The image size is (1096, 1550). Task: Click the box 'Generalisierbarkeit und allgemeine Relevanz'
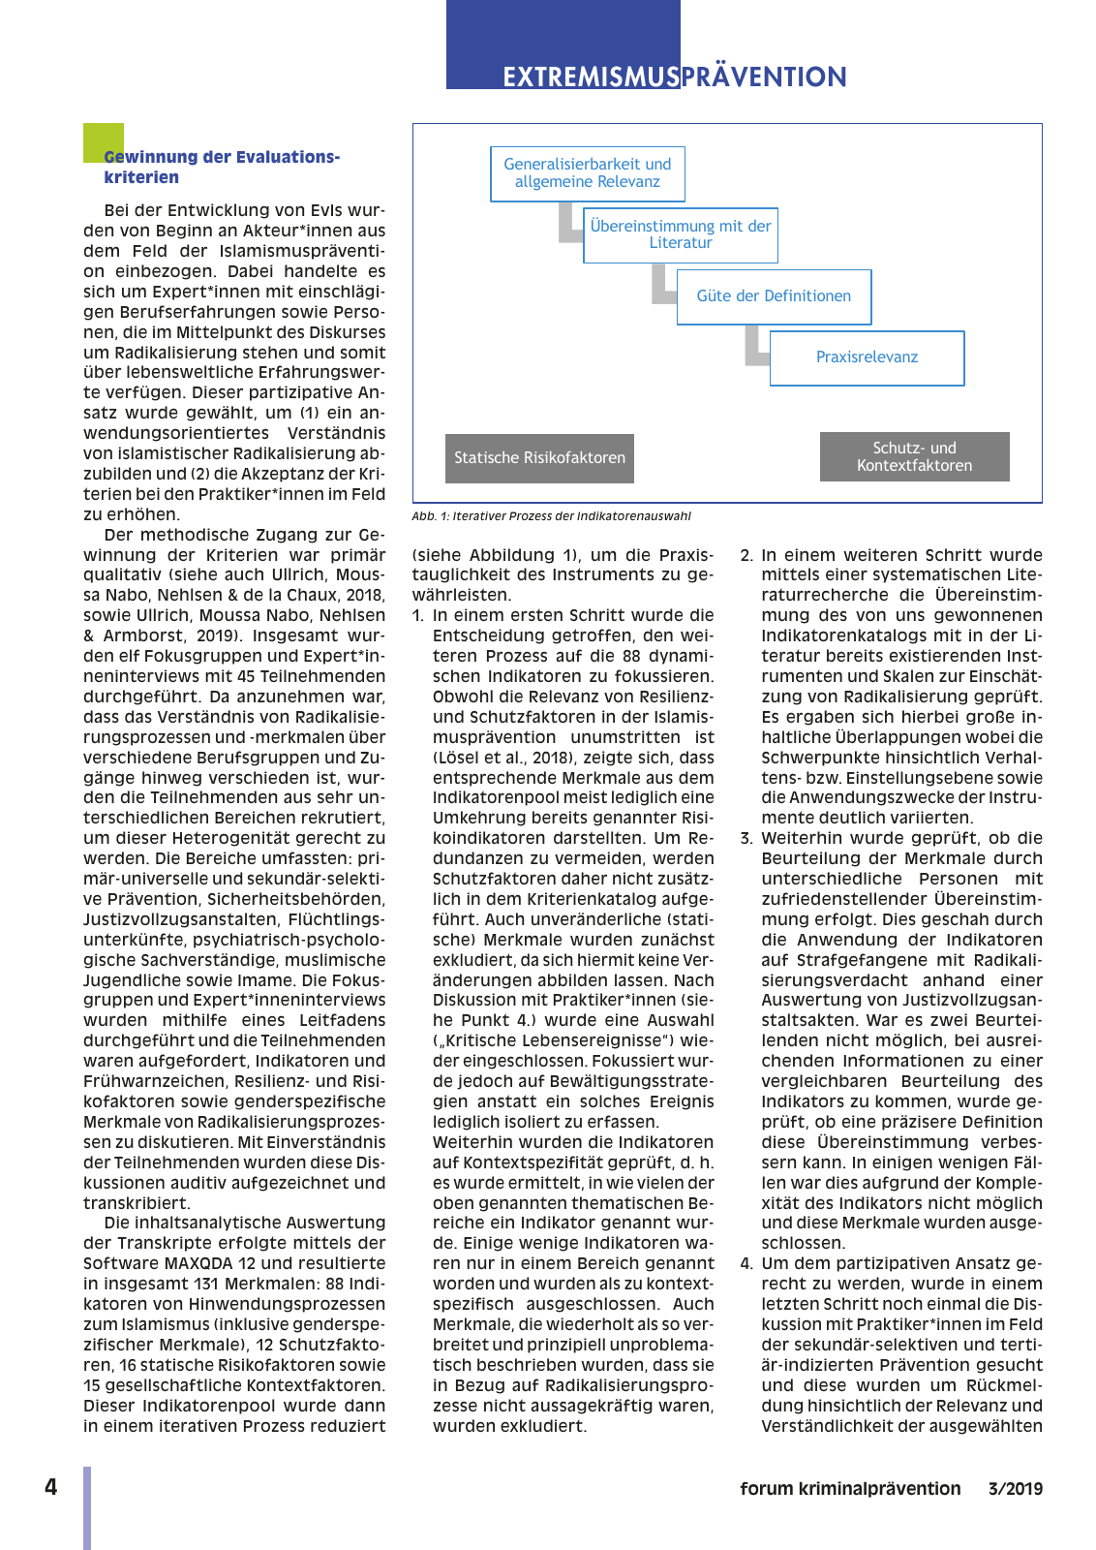(587, 173)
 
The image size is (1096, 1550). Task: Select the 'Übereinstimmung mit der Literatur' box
(680, 234)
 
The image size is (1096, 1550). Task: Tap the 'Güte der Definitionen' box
(774, 296)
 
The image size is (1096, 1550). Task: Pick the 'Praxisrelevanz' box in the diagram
(867, 357)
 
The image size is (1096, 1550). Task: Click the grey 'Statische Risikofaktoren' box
(539, 458)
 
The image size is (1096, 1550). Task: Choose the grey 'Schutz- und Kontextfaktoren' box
(914, 457)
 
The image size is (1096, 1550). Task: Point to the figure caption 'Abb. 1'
(551, 516)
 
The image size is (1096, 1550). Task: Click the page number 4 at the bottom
(50, 1487)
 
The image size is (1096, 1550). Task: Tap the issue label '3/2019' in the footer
(1015, 1489)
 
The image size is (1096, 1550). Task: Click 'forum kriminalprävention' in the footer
(850, 1489)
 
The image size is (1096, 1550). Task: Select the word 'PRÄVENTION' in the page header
(764, 77)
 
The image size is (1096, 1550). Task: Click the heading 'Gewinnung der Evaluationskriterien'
(222, 167)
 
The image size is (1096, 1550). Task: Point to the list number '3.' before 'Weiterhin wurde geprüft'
(746, 839)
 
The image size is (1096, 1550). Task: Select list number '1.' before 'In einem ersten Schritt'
(417, 616)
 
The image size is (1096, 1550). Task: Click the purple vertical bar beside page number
(87, 1506)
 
